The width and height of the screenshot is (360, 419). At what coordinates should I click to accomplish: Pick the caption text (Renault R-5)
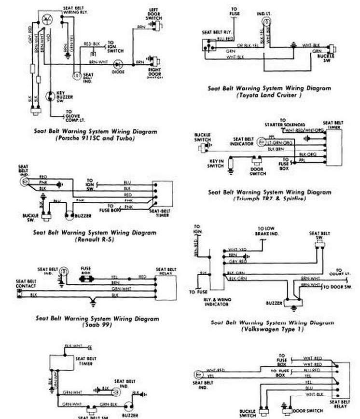[x=95, y=239]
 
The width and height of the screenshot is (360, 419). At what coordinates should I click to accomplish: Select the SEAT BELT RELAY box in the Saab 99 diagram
[x=164, y=287]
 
